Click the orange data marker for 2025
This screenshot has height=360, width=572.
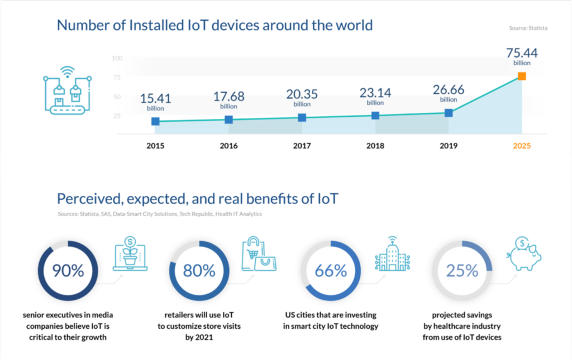pyautogui.click(x=522, y=76)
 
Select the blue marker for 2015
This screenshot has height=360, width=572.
pyautogui.click(x=155, y=121)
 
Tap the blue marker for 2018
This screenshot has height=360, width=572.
pyautogui.click(x=375, y=116)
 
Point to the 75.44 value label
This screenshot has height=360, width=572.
pyautogui.click(x=522, y=53)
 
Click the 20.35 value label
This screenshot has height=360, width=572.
pyautogui.click(x=302, y=94)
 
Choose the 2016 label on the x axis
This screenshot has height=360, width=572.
pyautogui.click(x=228, y=146)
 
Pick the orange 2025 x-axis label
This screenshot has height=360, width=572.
pyautogui.click(x=522, y=146)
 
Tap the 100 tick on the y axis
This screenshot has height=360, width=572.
pyautogui.click(x=117, y=58)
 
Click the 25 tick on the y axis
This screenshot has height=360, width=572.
pyautogui.click(x=117, y=116)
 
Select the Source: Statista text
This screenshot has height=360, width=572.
pyautogui.click(x=528, y=28)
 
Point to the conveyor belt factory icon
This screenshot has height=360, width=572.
pyautogui.click(x=68, y=90)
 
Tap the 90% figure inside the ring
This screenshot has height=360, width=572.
pyautogui.click(x=68, y=271)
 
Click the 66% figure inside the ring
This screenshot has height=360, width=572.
pyautogui.click(x=331, y=271)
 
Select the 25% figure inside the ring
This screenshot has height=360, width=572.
pyautogui.click(x=462, y=271)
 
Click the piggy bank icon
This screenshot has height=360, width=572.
pyautogui.click(x=524, y=253)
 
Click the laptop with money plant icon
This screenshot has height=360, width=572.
pyautogui.click(x=130, y=253)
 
